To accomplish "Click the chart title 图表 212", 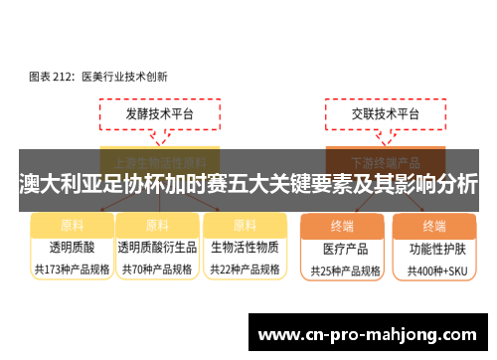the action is [97, 75].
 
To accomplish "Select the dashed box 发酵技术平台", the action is [159, 114].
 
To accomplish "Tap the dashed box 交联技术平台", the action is [385, 114].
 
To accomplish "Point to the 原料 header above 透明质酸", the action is [72, 224].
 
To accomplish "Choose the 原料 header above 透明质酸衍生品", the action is [157, 224].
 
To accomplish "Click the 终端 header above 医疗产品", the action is [342, 225].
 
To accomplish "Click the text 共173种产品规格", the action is [72, 269].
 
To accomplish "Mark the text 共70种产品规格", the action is [157, 269].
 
